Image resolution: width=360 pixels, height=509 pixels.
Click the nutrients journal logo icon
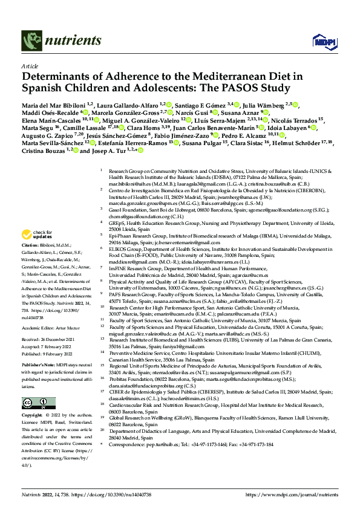(x=30, y=41)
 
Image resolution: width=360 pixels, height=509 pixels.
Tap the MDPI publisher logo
(x=321, y=41)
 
